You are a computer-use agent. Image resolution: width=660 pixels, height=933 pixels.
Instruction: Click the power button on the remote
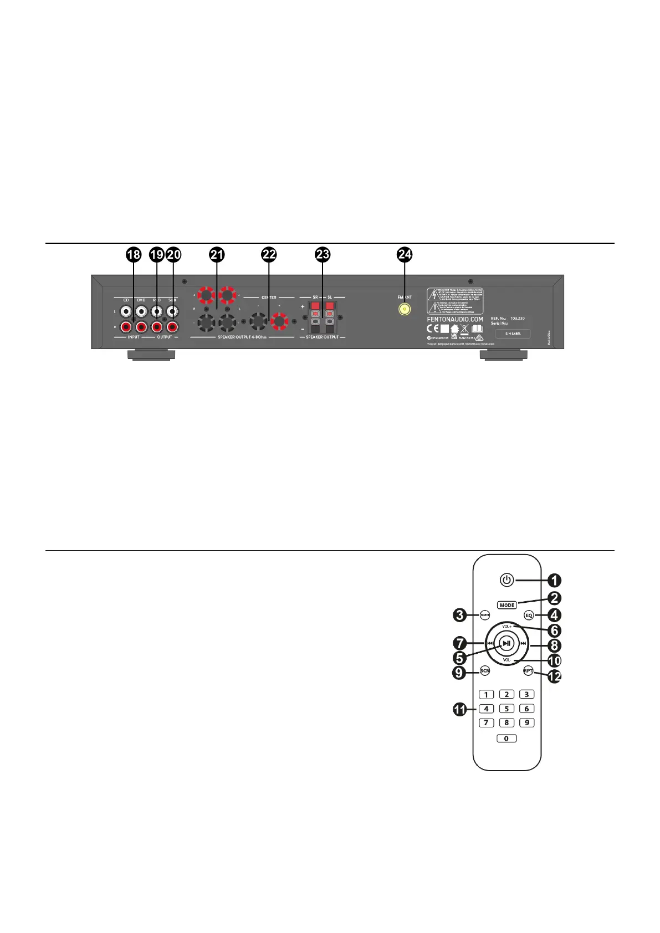[506, 580]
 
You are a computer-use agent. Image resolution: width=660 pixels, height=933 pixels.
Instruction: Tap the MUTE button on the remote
[485, 615]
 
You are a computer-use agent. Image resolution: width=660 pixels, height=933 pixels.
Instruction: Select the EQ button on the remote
[529, 615]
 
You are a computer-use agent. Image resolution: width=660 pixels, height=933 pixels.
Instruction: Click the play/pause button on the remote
[506, 643]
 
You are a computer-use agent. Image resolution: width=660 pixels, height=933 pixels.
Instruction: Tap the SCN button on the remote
[485, 671]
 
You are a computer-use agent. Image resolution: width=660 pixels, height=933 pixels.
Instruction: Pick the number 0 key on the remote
[506, 738]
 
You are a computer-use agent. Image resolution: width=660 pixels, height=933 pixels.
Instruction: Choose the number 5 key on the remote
[506, 708]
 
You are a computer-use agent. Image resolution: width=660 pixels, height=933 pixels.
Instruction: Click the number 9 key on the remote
[526, 722]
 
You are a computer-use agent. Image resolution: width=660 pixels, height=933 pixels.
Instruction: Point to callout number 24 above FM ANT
[405, 254]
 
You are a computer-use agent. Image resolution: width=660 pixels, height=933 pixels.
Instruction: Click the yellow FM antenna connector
[405, 310]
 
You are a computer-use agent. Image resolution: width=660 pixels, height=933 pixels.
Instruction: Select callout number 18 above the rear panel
[134, 254]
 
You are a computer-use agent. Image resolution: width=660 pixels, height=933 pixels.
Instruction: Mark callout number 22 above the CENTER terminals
[269, 254]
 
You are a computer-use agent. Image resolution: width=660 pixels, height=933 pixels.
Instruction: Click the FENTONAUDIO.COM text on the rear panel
[455, 319]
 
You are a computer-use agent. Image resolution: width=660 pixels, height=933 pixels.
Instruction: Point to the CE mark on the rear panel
[433, 328]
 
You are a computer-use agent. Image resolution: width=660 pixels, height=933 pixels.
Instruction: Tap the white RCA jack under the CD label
[126, 312]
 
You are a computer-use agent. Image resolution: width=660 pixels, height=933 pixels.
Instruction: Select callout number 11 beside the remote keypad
[460, 709]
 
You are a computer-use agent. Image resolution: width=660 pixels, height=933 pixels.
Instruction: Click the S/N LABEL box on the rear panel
[513, 334]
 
